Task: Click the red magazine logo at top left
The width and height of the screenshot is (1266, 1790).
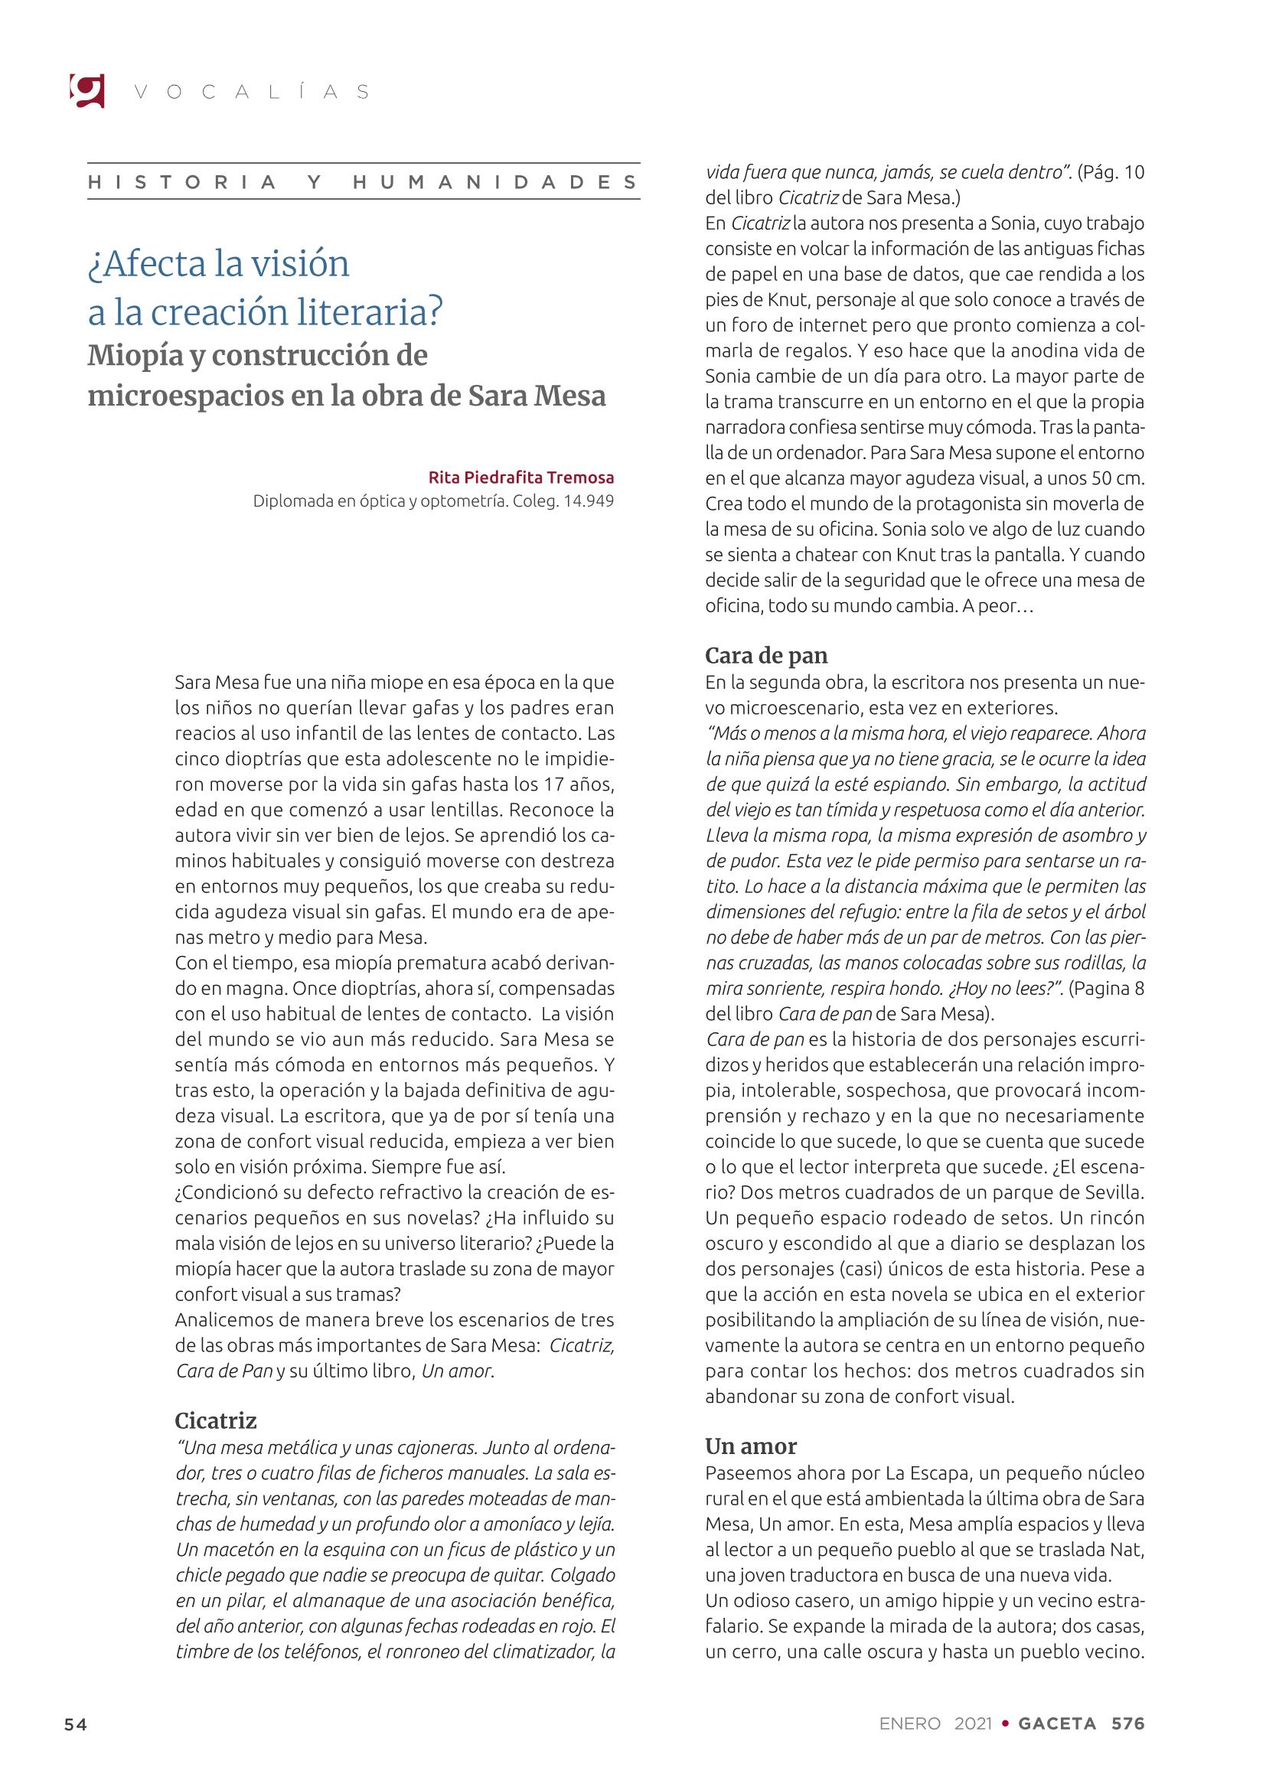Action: (x=86, y=90)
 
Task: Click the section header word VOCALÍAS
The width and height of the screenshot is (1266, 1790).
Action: (x=252, y=92)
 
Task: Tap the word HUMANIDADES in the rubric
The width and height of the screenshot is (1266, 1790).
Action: (x=496, y=182)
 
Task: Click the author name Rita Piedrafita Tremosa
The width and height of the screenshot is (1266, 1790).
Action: (x=520, y=477)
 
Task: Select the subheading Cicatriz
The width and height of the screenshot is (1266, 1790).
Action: (x=216, y=1420)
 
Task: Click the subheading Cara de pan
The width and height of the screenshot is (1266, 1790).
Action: (x=766, y=656)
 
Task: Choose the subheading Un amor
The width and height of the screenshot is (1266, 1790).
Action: (x=751, y=1446)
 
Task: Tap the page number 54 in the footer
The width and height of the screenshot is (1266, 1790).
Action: (x=76, y=1723)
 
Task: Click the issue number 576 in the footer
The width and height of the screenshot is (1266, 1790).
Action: (x=1128, y=1723)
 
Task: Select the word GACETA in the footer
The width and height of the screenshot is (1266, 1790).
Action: (x=1057, y=1723)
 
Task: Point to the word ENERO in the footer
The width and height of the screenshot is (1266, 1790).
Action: (x=910, y=1723)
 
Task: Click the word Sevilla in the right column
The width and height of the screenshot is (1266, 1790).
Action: (x=1113, y=1192)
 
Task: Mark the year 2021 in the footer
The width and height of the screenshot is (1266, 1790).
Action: (x=973, y=1723)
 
